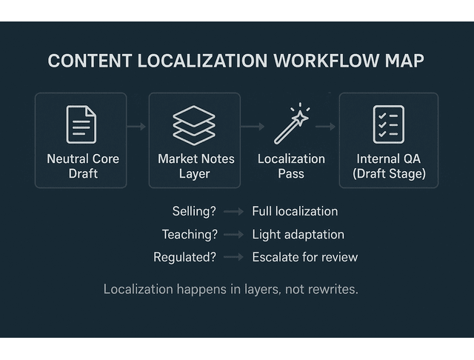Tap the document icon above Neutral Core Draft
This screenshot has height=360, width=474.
tap(81, 124)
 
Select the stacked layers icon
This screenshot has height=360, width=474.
tap(194, 124)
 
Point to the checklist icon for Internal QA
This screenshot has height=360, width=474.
tap(388, 124)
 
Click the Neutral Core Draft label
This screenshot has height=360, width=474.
tap(83, 166)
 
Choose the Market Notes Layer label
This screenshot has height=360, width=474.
tap(196, 166)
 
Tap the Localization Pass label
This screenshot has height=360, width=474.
tap(291, 166)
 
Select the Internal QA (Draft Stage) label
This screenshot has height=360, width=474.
tap(389, 166)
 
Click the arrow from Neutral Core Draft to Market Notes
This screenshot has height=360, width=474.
tap(137, 127)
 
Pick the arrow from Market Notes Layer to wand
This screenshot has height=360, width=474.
tap(253, 127)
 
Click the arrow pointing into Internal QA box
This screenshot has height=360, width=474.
tap(326, 127)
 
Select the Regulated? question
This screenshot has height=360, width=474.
tap(184, 257)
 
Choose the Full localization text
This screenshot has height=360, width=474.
tap(295, 211)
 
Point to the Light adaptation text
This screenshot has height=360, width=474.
tap(298, 234)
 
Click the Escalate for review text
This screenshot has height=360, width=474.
tap(304, 257)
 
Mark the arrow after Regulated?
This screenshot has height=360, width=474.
tap(233, 257)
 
